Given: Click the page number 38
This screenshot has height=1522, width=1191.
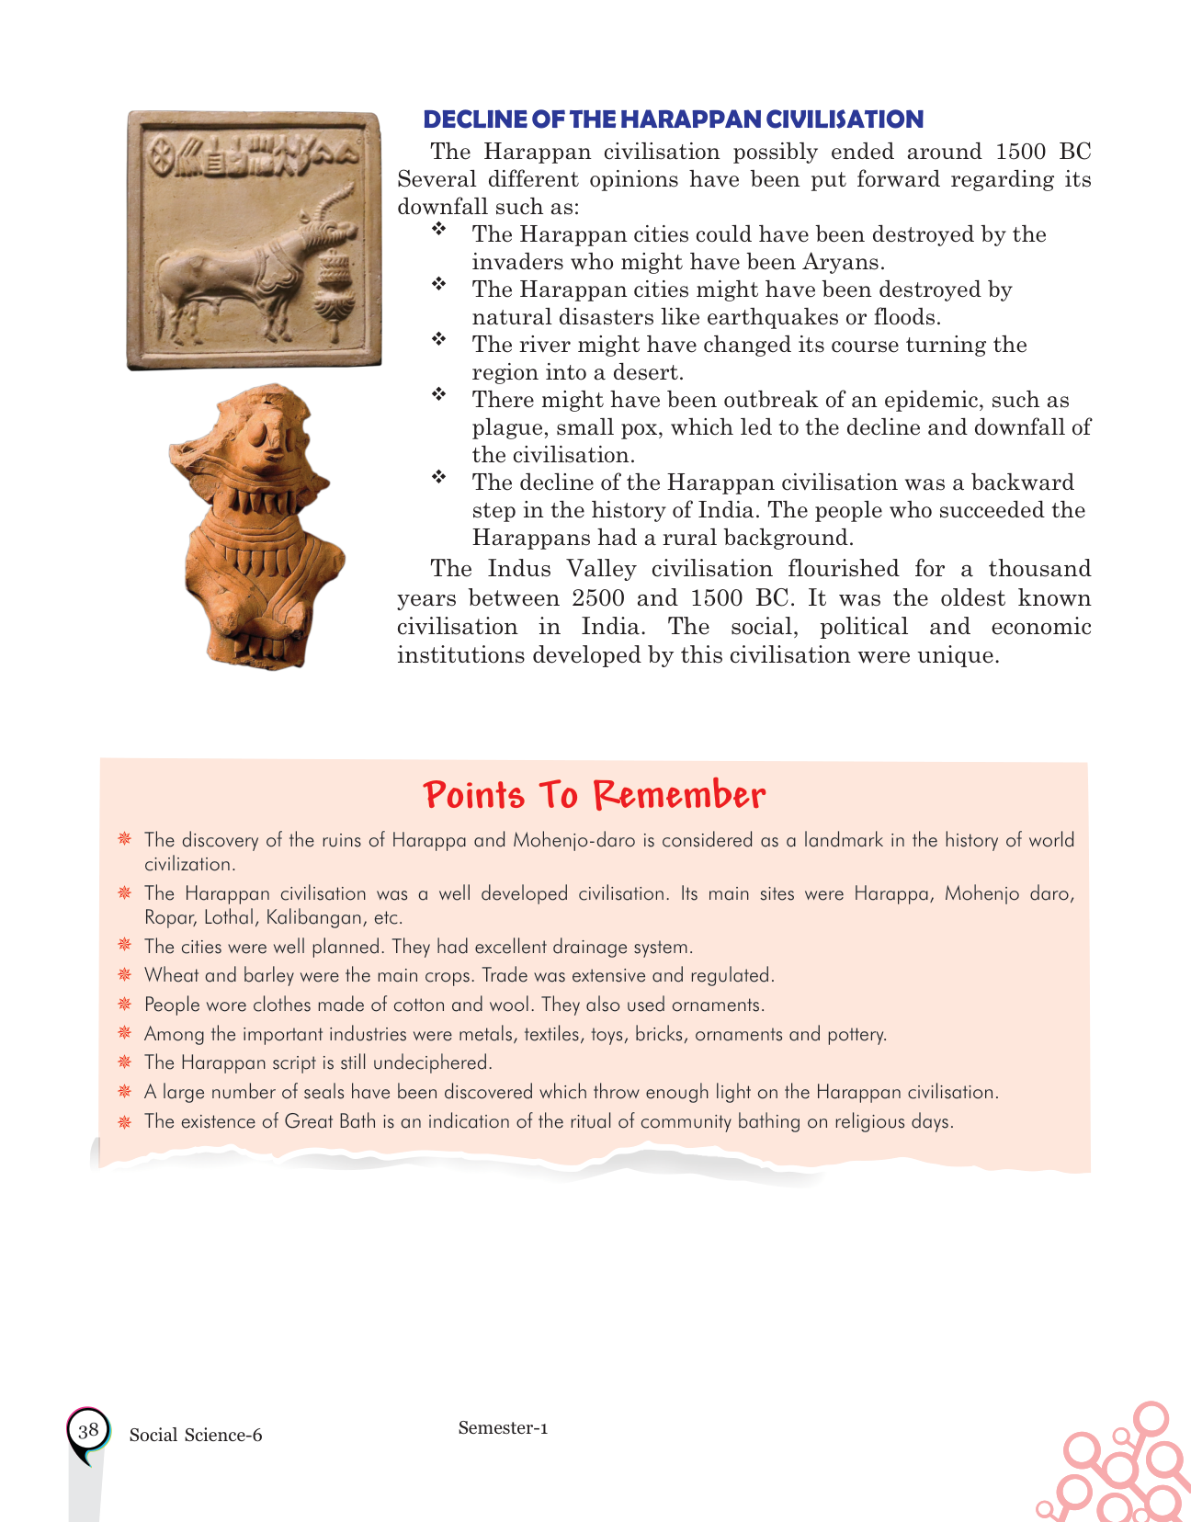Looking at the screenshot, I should point(88,1430).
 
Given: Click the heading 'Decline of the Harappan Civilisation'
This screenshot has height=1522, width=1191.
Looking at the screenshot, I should point(673,119).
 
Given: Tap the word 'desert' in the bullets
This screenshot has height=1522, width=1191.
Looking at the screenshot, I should point(647,372).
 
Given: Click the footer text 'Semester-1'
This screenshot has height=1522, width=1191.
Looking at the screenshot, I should point(503,1427).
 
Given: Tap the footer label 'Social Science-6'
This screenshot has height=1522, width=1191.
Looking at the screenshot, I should point(196,1436).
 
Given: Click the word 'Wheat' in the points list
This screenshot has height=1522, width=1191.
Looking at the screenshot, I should point(171,975).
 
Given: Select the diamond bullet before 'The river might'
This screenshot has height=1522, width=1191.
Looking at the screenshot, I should point(439,340).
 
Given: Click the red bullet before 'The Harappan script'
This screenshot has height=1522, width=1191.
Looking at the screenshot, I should point(124,1062).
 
